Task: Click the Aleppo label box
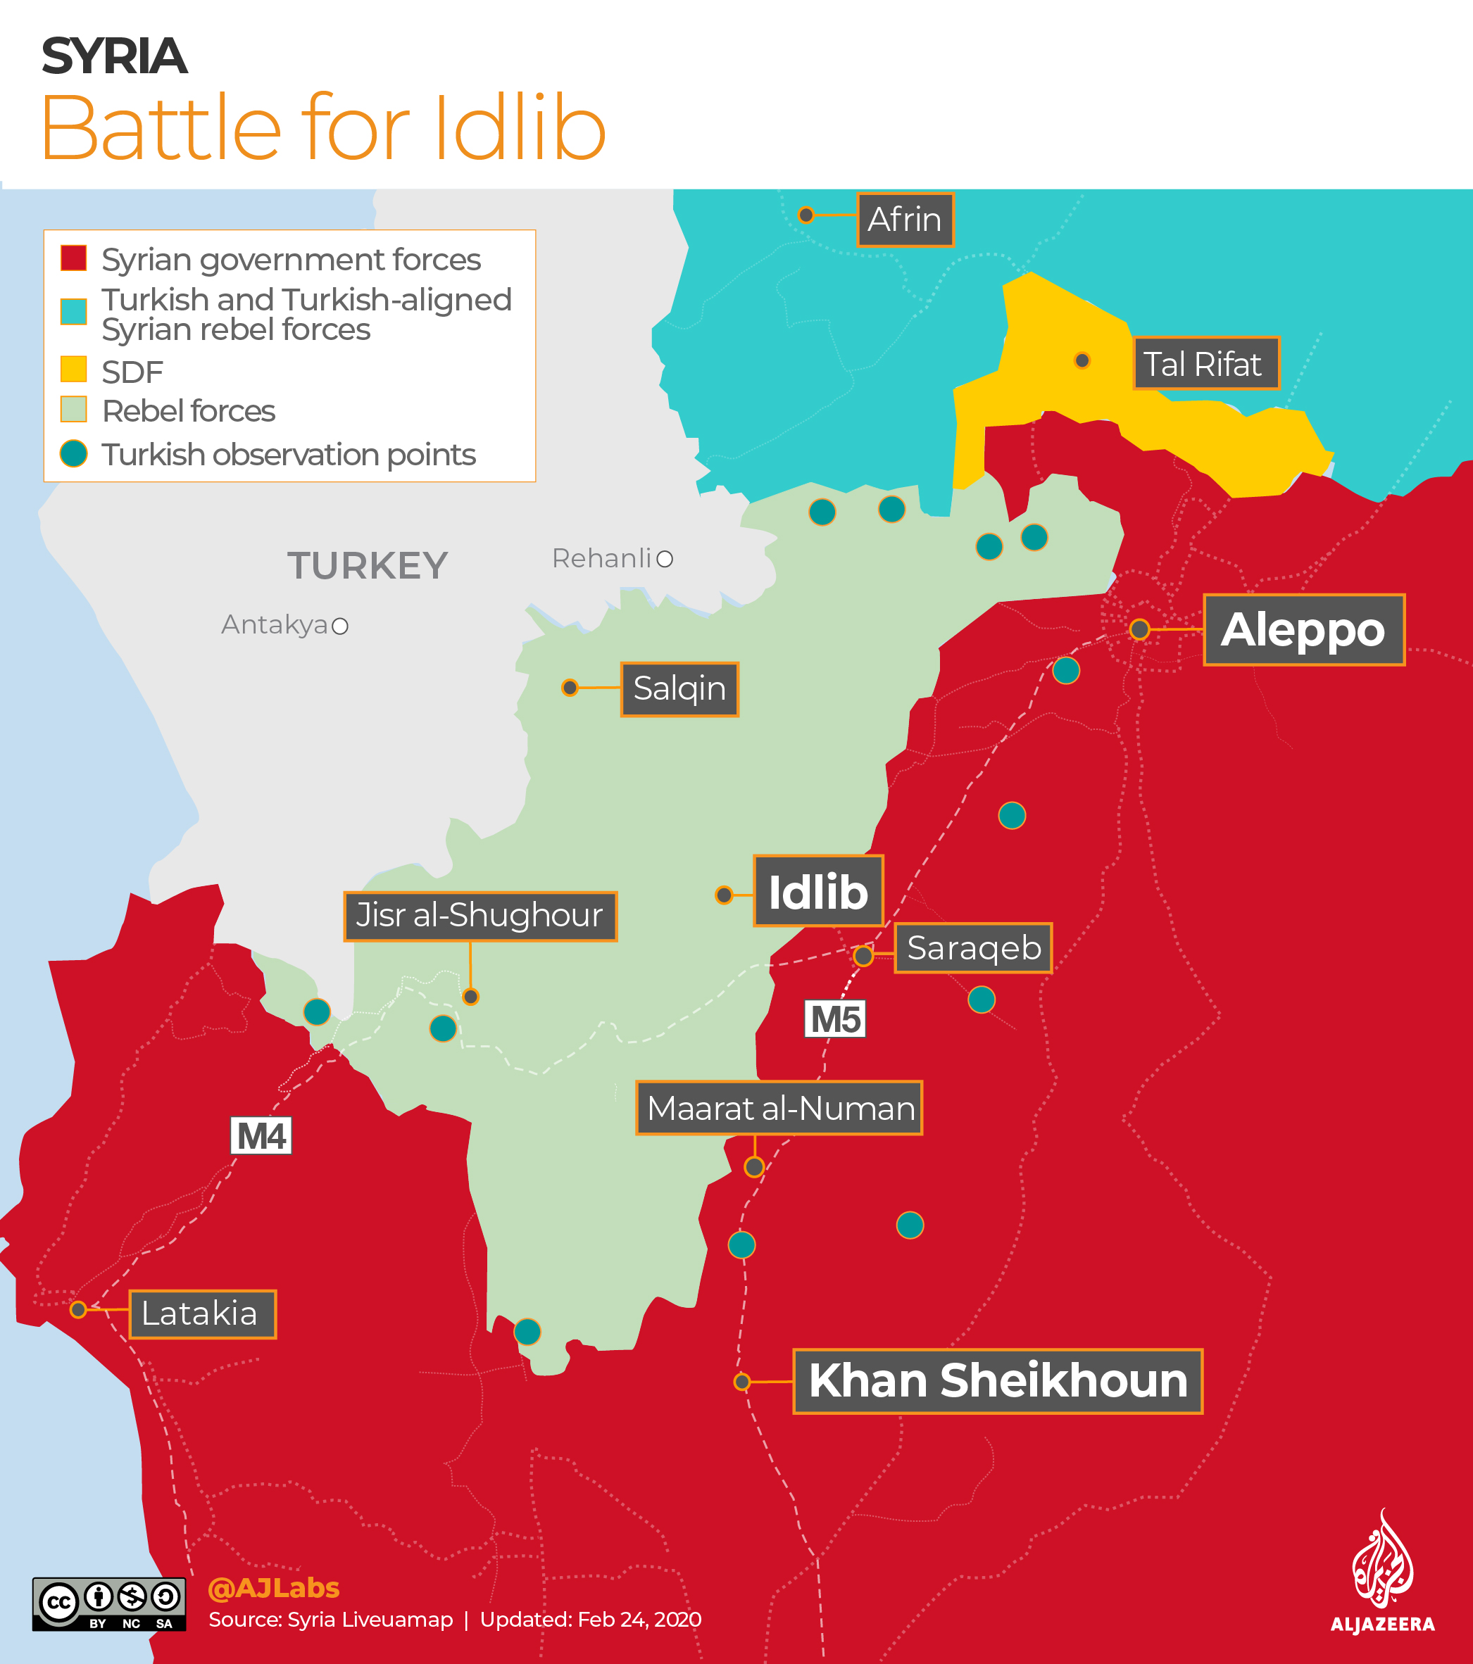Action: tap(1303, 629)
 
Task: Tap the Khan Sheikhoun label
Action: tap(998, 1381)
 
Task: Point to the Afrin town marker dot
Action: tap(806, 215)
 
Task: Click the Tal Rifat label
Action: tap(1205, 363)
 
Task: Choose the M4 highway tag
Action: tap(261, 1135)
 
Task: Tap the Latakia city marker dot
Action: tap(78, 1309)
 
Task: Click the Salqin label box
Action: tap(679, 688)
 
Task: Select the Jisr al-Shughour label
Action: tap(479, 916)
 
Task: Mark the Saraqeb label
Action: tap(973, 947)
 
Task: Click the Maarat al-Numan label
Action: tap(779, 1108)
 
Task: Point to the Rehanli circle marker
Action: tap(665, 558)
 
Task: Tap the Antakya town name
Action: tap(275, 624)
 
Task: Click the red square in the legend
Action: tap(73, 258)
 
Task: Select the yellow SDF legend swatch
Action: tap(73, 369)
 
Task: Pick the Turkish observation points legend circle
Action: tap(73, 453)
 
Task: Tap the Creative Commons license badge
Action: tap(109, 1603)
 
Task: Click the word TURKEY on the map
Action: tap(368, 565)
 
